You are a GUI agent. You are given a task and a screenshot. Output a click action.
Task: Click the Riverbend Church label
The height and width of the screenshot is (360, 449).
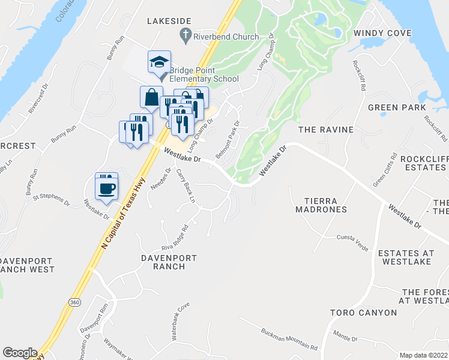tap(226, 37)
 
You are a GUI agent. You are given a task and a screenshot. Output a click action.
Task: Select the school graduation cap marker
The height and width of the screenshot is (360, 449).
tap(159, 62)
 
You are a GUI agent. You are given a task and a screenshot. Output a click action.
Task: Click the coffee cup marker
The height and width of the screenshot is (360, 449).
tap(107, 187)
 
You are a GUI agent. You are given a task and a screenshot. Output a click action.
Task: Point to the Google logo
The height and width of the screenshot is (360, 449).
tap(20, 352)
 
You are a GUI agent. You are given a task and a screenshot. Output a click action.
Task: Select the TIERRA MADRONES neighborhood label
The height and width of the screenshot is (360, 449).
tap(321, 205)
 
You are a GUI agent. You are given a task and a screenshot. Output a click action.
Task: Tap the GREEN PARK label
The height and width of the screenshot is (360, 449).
tap(393, 108)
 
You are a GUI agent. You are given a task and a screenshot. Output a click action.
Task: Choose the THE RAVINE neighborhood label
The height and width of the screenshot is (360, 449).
tap(326, 130)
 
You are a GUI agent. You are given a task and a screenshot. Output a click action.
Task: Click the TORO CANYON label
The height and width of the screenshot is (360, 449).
tap(363, 313)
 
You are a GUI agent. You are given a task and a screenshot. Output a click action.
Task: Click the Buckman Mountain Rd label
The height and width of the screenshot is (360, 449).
tap(289, 339)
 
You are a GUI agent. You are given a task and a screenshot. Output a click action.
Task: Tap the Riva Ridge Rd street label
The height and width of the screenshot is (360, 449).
tap(175, 238)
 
